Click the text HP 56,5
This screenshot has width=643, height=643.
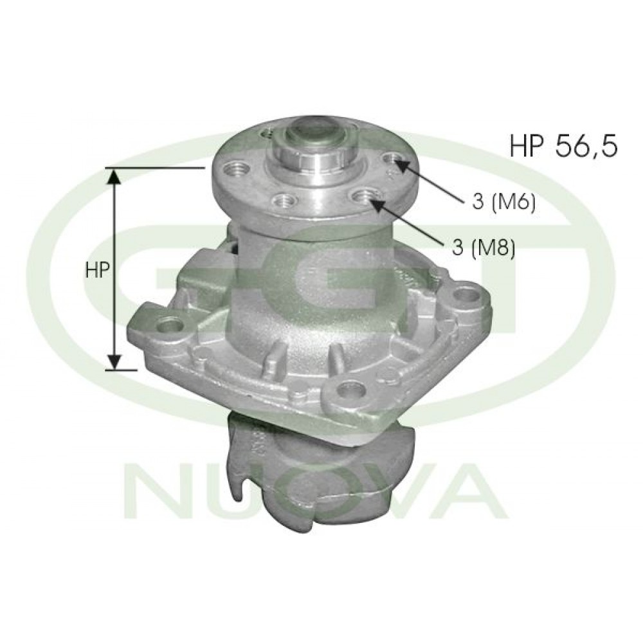click(563, 145)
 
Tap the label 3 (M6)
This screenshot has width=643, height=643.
click(504, 202)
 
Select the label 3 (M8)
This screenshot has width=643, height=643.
click(484, 248)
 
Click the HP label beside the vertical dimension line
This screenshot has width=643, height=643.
click(97, 270)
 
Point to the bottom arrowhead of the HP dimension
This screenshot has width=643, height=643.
click(115, 361)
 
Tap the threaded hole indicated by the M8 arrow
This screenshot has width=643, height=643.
click(365, 196)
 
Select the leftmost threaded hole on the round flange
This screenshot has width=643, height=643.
click(238, 168)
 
